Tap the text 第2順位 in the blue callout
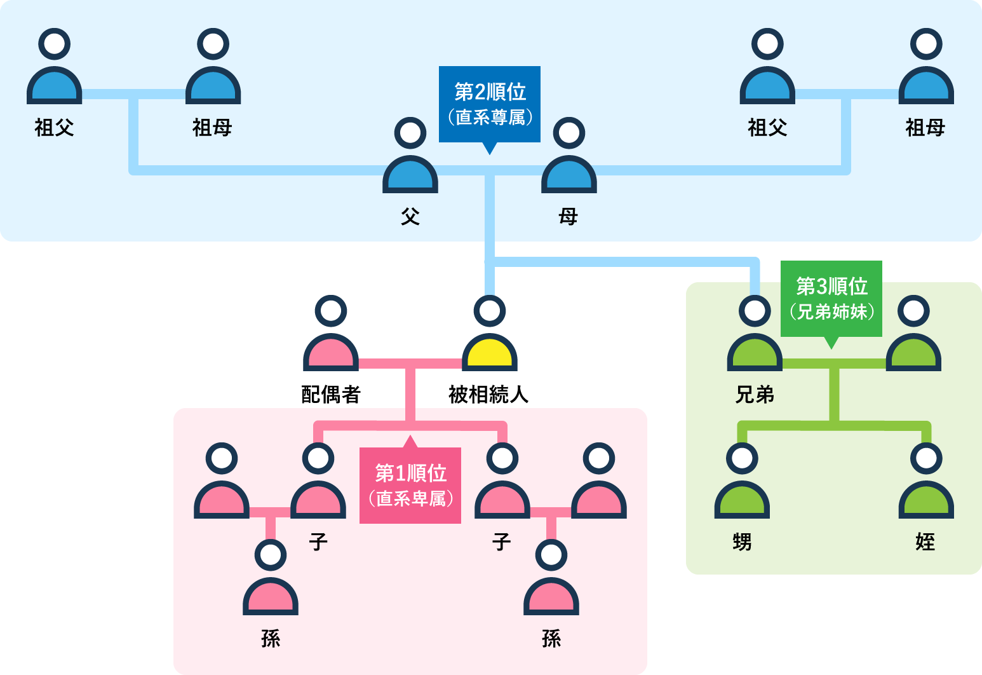tap(490, 92)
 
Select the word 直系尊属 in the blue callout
tap(490, 118)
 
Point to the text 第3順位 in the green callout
tap(831, 287)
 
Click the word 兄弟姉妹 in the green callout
tap(831, 311)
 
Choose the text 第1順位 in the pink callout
tap(410, 474)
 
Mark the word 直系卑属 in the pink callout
tap(410, 498)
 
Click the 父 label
tap(410, 217)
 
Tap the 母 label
tap(568, 217)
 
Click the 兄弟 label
tap(755, 395)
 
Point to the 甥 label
tap(742, 542)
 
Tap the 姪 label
tap(925, 542)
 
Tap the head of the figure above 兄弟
tap(755, 311)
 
